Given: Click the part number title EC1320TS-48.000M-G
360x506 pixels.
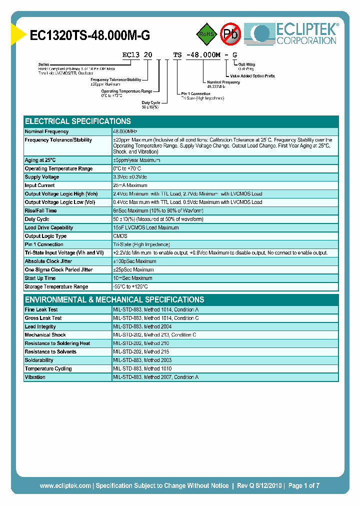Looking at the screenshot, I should coord(90,35).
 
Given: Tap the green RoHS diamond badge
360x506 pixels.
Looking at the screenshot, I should coord(204,34).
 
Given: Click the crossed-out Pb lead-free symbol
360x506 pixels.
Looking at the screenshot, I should coord(230,34).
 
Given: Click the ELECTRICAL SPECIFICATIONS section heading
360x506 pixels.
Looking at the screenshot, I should coord(78,121).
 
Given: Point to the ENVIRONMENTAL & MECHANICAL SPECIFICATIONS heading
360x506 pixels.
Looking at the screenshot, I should coord(114,300).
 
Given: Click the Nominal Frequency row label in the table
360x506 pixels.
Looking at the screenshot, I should coord(46,131).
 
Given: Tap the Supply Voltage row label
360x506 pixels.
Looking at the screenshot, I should coord(42,177).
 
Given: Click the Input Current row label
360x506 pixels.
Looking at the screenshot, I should coord(40,185).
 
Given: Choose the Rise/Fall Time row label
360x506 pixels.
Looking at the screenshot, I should coord(41,210).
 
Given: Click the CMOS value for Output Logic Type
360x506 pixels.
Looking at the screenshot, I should coord(120,236).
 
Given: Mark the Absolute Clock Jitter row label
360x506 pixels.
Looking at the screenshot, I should coord(48,261).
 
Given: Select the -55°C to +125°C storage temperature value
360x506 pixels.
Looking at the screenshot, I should coord(130,287).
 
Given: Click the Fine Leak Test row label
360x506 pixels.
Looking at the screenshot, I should coord(41,310).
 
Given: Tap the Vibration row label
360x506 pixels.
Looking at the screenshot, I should coord(35,377).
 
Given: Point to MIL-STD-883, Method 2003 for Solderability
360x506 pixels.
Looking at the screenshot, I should coord(142,360).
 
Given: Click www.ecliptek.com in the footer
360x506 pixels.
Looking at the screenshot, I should coord(65,485).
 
